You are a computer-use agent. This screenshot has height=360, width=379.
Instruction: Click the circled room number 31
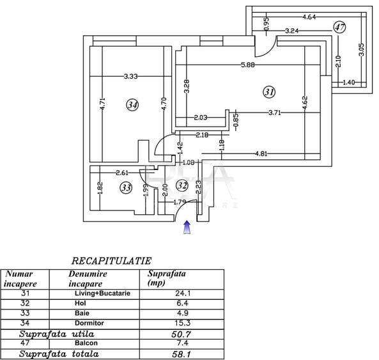click(269, 92)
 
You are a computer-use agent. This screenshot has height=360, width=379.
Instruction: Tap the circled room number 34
click(133, 105)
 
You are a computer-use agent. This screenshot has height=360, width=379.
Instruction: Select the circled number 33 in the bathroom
click(126, 187)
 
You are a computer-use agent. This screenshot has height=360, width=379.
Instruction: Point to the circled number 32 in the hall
click(182, 185)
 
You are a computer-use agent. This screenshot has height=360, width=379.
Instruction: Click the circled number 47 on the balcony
click(339, 27)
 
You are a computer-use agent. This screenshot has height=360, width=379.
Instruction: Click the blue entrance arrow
click(187, 227)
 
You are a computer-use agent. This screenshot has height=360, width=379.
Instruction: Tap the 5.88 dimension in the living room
click(248, 65)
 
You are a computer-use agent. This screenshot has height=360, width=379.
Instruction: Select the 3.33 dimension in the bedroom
click(130, 76)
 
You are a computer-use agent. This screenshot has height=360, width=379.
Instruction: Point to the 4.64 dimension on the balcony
click(309, 17)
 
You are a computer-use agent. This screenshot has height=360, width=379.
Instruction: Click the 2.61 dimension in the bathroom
click(122, 173)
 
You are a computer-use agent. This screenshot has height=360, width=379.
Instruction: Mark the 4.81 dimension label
click(261, 153)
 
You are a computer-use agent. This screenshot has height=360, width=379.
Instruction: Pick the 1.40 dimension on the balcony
click(349, 82)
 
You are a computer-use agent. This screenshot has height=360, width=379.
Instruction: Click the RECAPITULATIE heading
click(111, 261)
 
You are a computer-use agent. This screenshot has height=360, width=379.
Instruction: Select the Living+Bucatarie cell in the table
click(102, 293)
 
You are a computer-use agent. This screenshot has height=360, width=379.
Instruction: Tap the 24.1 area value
click(183, 293)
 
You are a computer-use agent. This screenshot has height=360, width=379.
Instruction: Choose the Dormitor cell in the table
click(89, 323)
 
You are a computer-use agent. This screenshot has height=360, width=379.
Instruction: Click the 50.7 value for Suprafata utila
click(182, 334)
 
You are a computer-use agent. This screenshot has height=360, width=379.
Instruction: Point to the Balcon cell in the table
click(86, 343)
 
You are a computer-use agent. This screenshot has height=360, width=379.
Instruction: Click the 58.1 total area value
click(182, 354)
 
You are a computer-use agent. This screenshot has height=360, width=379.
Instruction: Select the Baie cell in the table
click(82, 313)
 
